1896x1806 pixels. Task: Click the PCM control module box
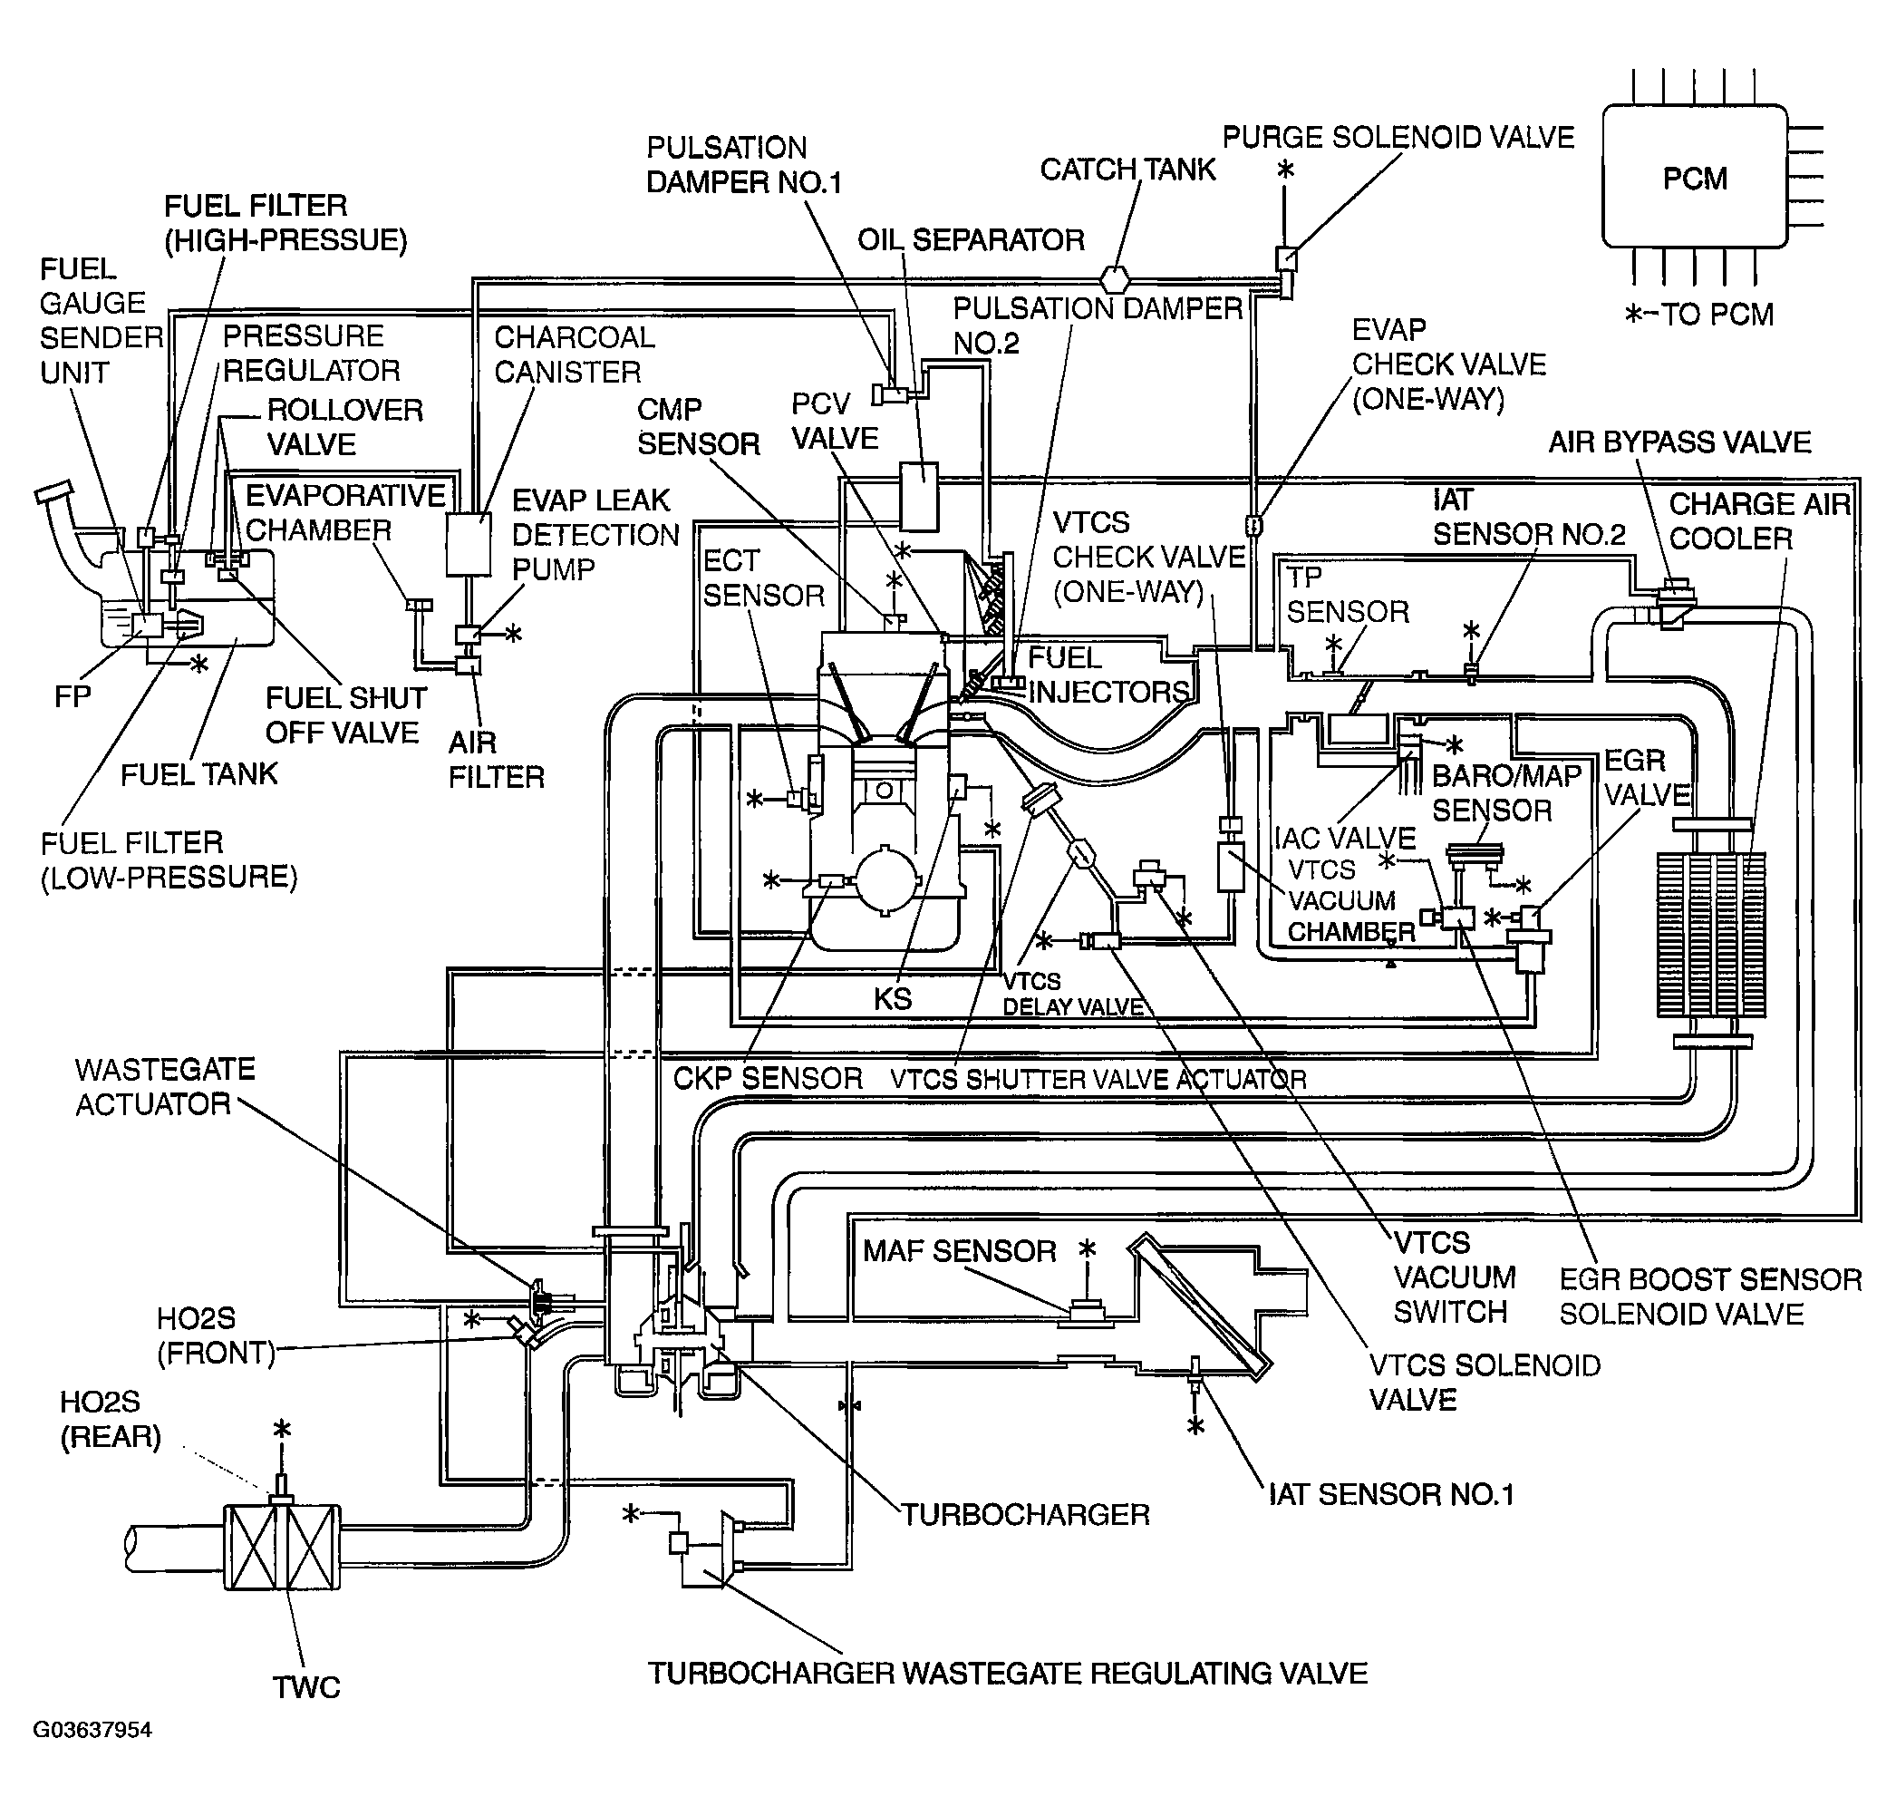pos(1695,176)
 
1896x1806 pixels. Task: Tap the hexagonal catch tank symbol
pos(1115,279)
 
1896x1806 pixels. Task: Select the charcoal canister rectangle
pos(469,544)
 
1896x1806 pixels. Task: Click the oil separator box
pos(918,496)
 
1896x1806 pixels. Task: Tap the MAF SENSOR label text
pos(960,1250)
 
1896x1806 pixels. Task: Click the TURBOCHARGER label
pos(1025,1514)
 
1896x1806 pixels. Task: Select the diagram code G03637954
pos(92,1730)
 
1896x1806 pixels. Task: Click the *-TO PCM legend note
pos(1698,314)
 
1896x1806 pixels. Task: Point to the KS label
pos(892,998)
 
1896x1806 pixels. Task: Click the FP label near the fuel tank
pos(73,696)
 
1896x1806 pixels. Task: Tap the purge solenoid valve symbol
pos(1286,260)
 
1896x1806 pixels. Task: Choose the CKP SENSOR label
pos(768,1078)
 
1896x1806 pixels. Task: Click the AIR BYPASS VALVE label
pos(1679,442)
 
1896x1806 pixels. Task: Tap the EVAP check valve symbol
pos(1254,525)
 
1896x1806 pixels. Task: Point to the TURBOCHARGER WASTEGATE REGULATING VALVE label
pos(1008,1673)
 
